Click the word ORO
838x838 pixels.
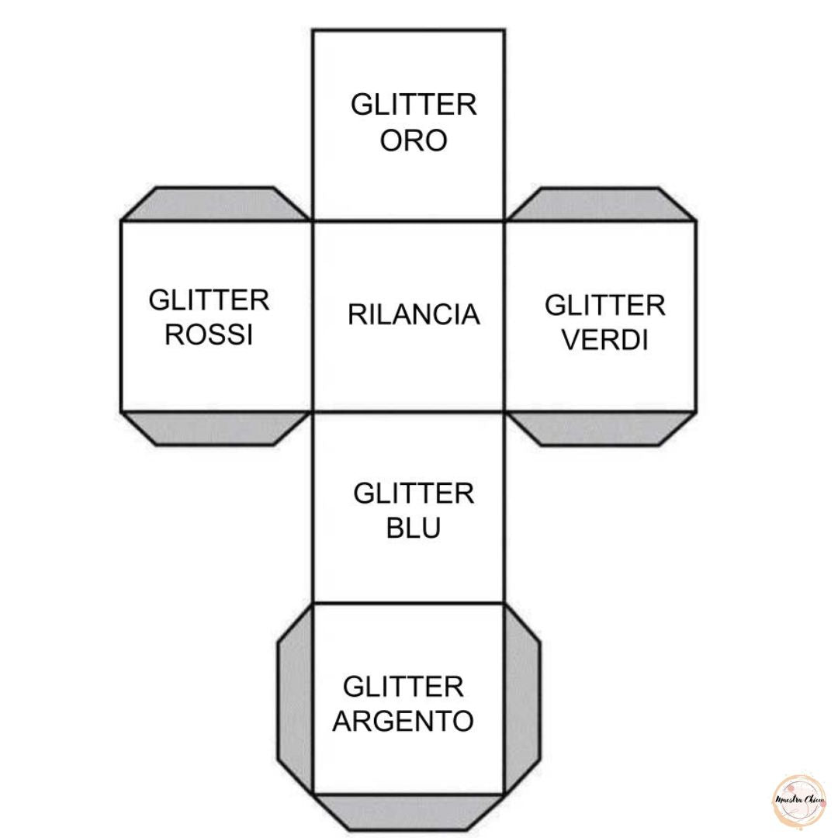pos(413,140)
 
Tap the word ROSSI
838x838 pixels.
pos(209,334)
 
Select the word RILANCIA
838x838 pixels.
pos(414,315)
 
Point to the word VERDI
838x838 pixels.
pos(604,340)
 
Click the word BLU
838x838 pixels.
pos(414,528)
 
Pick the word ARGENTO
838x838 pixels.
pos(403,721)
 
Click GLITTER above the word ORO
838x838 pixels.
pos(414,105)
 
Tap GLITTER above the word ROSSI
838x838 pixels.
pos(209,300)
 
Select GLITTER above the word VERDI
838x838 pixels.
pos(604,306)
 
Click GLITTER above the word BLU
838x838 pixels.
pos(414,493)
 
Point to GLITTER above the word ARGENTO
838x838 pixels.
pos(403,687)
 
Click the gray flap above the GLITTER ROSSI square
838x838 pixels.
pos(215,204)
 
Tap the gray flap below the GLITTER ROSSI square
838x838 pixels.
pos(215,428)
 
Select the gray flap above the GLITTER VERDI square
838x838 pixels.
pos(600,204)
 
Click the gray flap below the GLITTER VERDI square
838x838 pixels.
pos(600,428)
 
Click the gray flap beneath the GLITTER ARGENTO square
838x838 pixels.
pos(409,812)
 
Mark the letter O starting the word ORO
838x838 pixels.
pos(390,140)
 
